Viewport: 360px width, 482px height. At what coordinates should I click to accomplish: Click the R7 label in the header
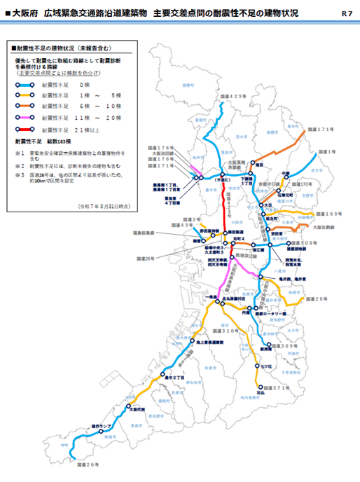click(x=347, y=13)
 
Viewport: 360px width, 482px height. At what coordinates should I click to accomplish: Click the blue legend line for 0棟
click(x=26, y=85)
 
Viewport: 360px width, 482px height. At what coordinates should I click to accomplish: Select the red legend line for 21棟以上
click(x=26, y=130)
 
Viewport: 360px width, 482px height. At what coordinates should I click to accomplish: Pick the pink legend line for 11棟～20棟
click(x=26, y=119)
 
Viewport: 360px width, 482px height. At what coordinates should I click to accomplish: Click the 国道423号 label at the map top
click(x=233, y=95)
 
